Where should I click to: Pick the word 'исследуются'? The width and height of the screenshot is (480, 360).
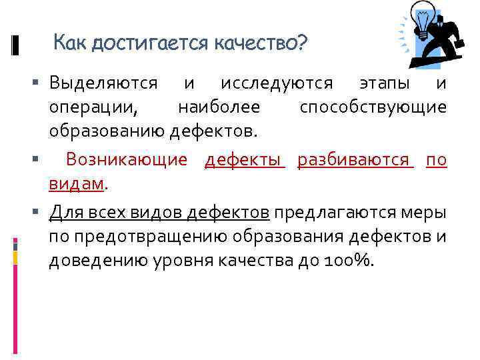pyautogui.click(x=277, y=83)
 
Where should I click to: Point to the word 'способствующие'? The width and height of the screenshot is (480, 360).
pyautogui.click(x=373, y=107)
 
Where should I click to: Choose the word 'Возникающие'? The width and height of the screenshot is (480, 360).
pyautogui.click(x=128, y=160)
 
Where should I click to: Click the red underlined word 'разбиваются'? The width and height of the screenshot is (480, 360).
pyautogui.click(x=353, y=160)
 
